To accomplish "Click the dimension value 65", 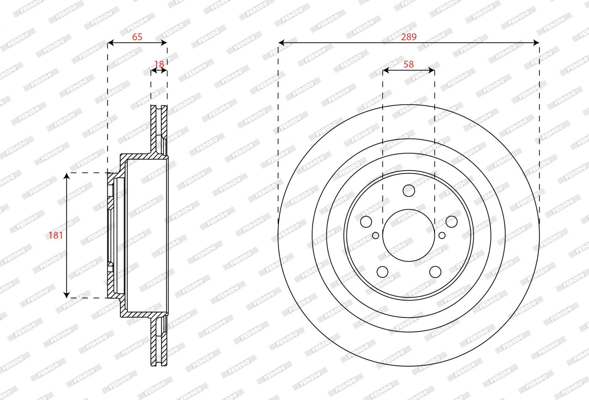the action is click(137, 37).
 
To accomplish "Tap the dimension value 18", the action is click(159, 64).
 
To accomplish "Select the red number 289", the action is click(409, 37).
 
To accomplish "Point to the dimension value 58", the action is click(409, 64).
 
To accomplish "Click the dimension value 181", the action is click(56, 235).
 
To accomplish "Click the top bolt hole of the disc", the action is click(409, 191).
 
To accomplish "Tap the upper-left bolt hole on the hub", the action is click(366, 222).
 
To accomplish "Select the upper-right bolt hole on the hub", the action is click(452, 222).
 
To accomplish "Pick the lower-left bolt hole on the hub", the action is click(382, 271).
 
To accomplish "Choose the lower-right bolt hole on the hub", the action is click(435, 271).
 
